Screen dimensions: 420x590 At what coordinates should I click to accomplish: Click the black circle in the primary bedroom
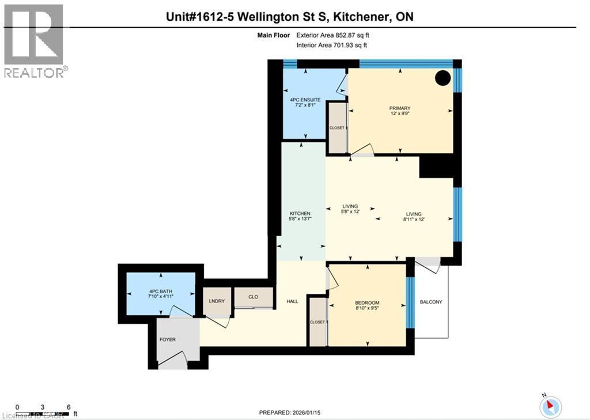442,78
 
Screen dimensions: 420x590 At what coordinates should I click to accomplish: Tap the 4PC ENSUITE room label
305,100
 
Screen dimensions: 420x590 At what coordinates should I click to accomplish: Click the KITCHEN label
300,213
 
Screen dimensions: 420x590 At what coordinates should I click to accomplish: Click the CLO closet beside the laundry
253,298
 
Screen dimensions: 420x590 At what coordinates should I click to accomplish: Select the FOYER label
168,339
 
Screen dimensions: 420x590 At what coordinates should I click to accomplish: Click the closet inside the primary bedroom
337,128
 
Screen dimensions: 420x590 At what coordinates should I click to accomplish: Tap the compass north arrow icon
550,405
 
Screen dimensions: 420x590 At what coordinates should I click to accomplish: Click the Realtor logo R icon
33,35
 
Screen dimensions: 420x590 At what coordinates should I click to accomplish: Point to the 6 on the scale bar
69,407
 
